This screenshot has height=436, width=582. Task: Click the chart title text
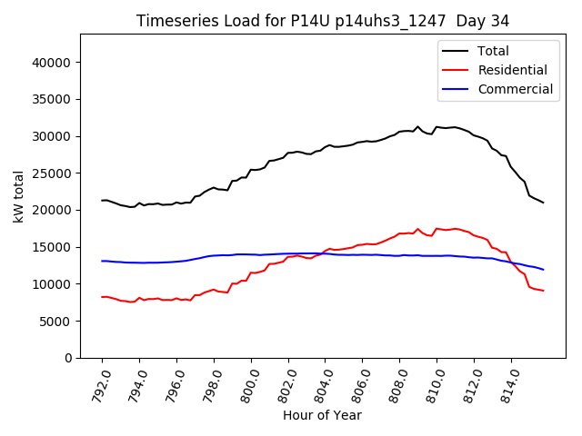pos(323,20)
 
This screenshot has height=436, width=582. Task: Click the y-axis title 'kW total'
pos(19,196)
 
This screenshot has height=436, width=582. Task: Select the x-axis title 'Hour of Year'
pos(322,415)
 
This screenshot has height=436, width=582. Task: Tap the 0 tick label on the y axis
pos(69,358)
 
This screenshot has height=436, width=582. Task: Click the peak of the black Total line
pos(418,127)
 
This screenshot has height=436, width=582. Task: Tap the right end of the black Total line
pos(544,203)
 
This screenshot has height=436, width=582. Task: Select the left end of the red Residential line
pos(102,297)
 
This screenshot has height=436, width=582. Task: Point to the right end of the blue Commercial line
pos(544,270)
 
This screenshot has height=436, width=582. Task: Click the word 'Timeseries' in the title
pos(173,20)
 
